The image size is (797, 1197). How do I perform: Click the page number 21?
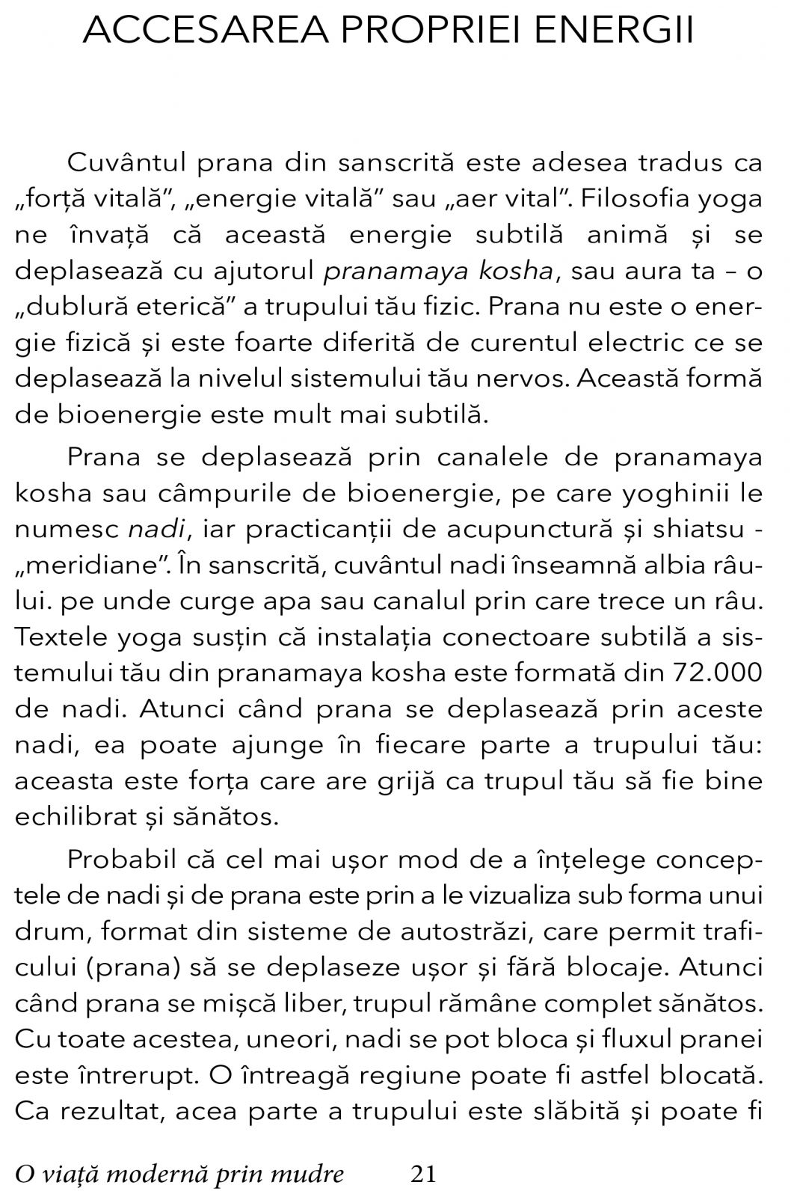pyautogui.click(x=423, y=1174)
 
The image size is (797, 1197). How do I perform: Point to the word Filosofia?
pyautogui.click(x=635, y=199)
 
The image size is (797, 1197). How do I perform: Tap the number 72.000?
pyautogui.click(x=718, y=673)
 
